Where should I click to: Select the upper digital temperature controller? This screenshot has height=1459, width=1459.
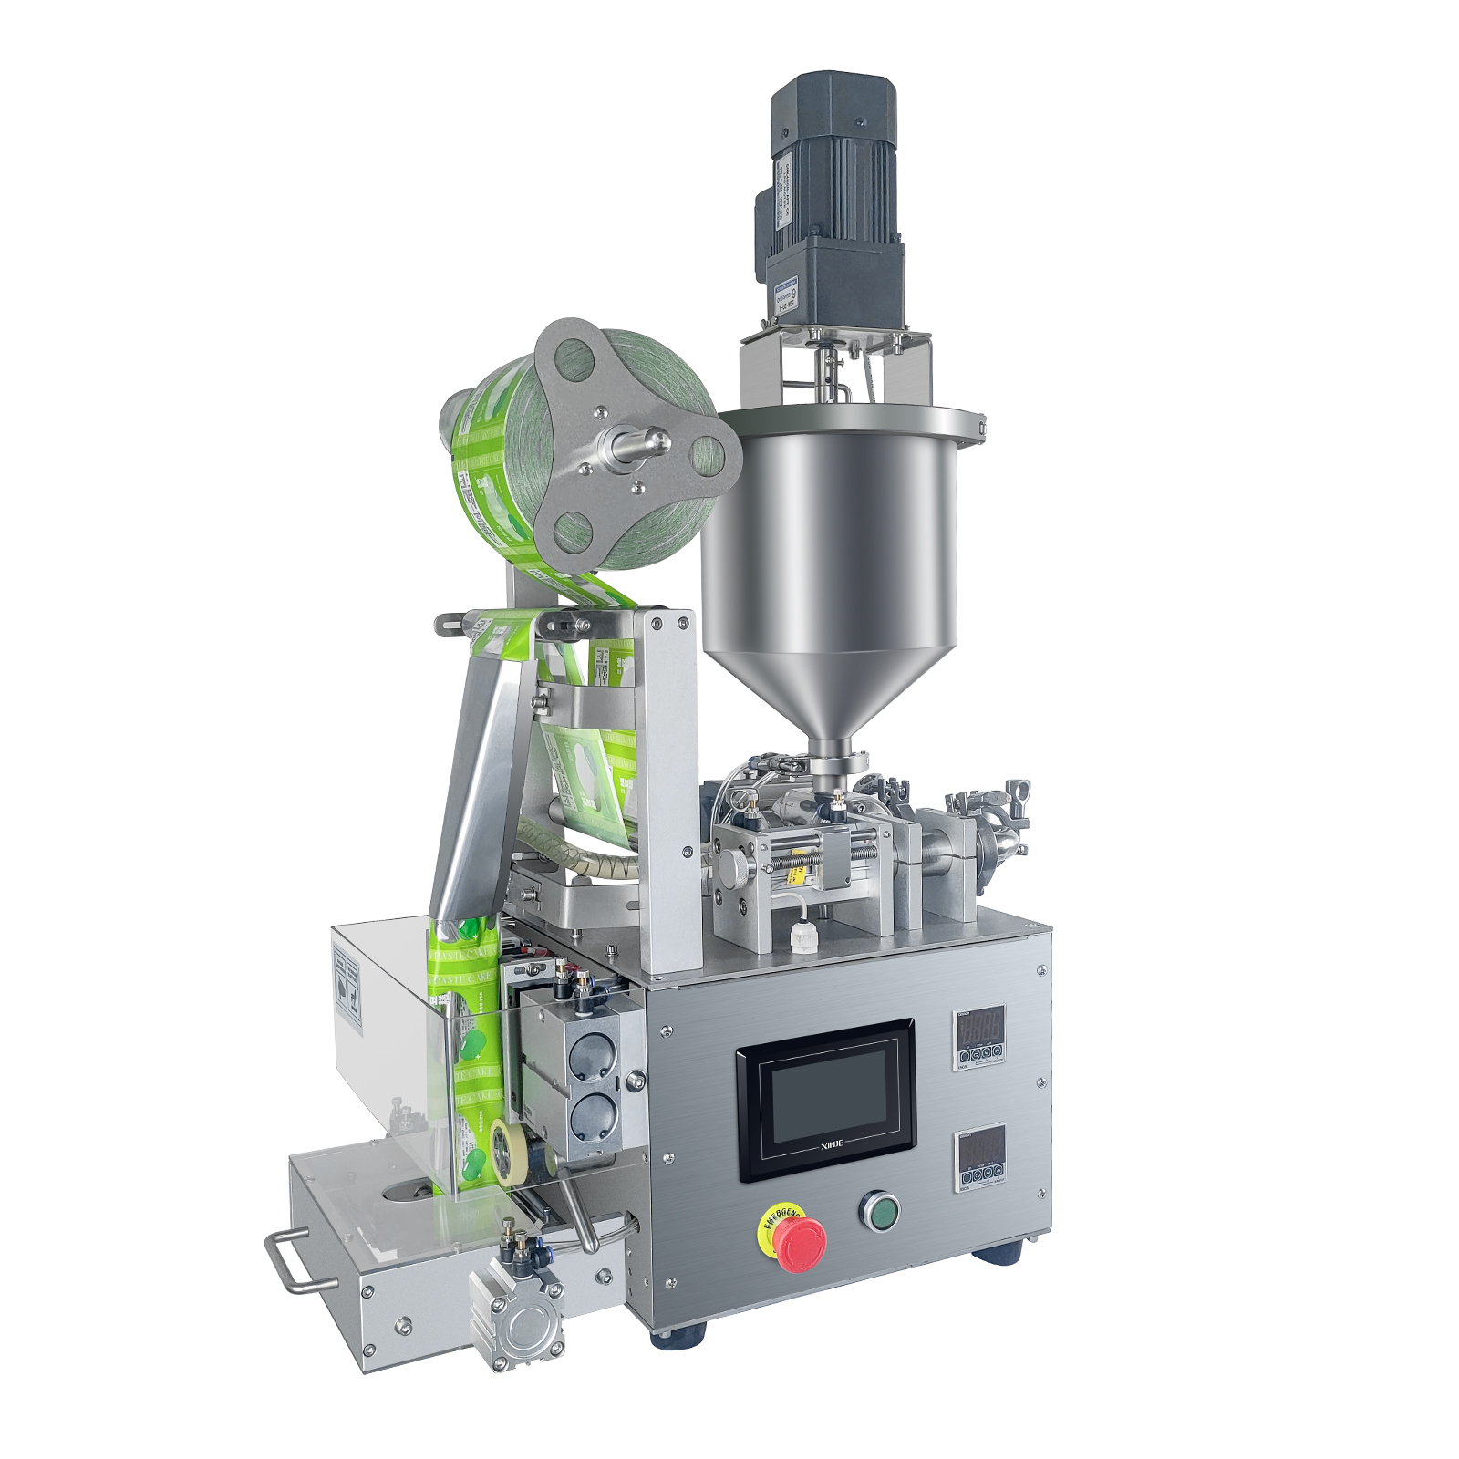pos(980,1038)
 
